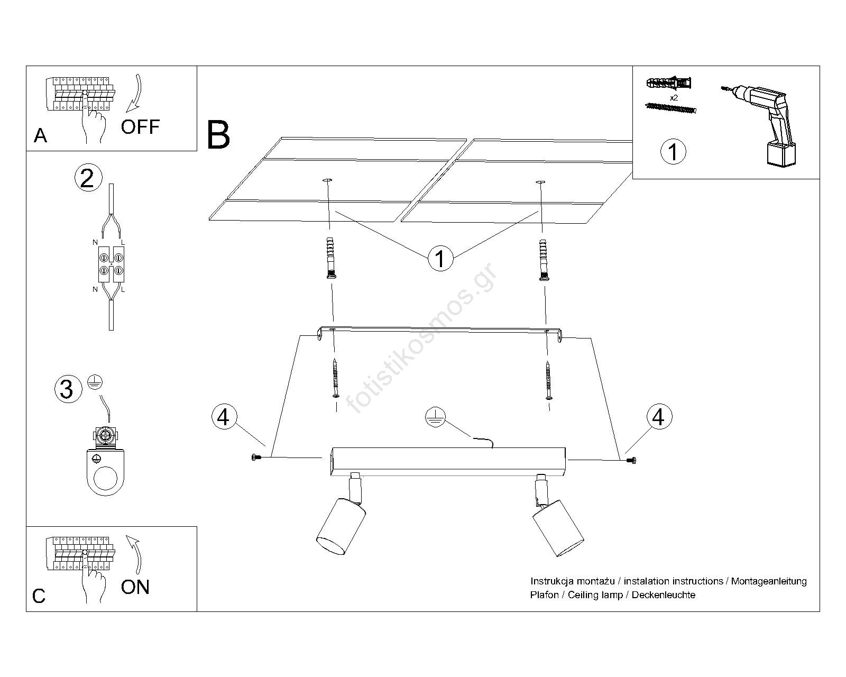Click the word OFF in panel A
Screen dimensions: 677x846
(x=140, y=127)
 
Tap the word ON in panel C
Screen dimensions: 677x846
(x=135, y=587)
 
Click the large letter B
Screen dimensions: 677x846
(x=218, y=135)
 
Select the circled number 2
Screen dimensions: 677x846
(x=87, y=178)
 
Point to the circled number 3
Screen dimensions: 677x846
(x=67, y=389)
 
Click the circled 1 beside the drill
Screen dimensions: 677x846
(x=673, y=152)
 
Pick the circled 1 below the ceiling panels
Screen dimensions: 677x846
(x=440, y=259)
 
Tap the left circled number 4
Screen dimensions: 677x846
(x=224, y=417)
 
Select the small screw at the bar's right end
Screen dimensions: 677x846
(x=630, y=461)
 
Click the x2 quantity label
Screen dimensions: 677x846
(x=673, y=98)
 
